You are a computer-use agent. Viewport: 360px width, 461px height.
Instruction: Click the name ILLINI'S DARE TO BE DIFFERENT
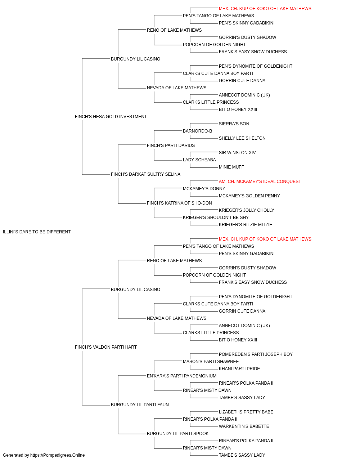click(x=37, y=232)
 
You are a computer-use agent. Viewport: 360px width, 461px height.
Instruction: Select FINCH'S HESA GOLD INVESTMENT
click(x=111, y=117)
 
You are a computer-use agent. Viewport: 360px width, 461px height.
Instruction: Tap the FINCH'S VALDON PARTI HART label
click(x=105, y=347)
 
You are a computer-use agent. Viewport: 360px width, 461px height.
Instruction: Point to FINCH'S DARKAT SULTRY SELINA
click(x=145, y=174)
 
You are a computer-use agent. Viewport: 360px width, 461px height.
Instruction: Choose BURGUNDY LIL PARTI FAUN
click(x=140, y=405)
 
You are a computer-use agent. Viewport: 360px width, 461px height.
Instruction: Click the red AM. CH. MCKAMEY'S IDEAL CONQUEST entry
click(x=260, y=182)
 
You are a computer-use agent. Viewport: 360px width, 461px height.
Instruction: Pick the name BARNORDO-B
click(x=197, y=131)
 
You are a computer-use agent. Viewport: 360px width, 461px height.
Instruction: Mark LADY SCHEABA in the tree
click(x=199, y=160)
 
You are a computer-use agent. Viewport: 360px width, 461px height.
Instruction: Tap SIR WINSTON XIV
click(x=237, y=153)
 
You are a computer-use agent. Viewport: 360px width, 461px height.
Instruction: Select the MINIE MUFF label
click(x=231, y=167)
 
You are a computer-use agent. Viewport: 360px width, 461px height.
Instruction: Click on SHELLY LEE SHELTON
click(x=242, y=138)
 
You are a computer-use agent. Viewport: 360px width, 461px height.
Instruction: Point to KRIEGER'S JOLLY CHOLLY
click(x=246, y=210)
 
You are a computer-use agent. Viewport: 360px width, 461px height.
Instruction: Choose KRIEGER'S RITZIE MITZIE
click(x=245, y=225)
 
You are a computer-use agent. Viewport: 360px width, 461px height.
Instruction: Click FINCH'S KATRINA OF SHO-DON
click(x=179, y=203)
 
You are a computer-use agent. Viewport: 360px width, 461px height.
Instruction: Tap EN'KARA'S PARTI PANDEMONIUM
click(x=181, y=376)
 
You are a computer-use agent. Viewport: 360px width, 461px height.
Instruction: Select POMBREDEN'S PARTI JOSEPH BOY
click(x=256, y=354)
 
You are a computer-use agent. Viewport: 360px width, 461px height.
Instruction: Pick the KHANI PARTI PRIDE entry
click(x=239, y=369)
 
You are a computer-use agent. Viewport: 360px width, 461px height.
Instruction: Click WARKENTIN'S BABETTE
click(x=244, y=426)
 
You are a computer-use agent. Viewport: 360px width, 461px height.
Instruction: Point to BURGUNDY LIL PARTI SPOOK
click(x=178, y=434)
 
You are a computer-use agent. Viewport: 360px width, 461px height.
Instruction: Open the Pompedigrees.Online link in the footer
click(x=58, y=455)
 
